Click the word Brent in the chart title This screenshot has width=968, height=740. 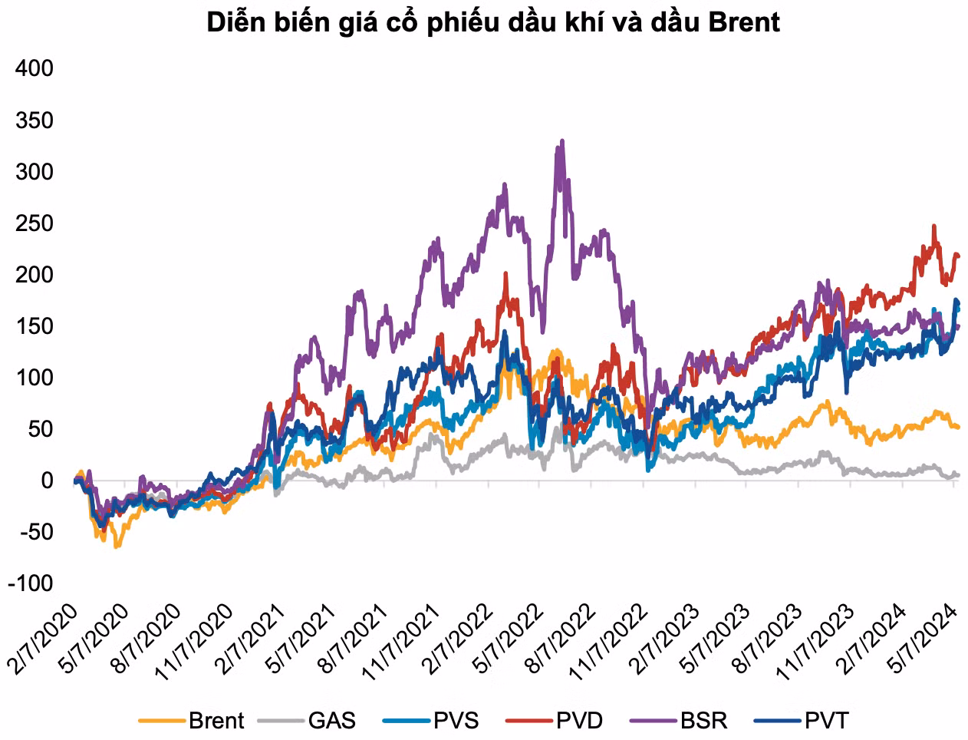point(744,22)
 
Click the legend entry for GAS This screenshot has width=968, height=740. point(331,720)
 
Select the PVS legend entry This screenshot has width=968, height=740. point(455,720)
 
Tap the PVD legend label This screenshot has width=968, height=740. point(579,720)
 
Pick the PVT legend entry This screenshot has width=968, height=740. point(826,720)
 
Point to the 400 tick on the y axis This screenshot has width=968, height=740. point(35,68)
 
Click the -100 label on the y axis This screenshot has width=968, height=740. point(31,583)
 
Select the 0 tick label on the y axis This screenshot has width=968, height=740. point(47,481)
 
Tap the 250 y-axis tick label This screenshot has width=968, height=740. point(35,223)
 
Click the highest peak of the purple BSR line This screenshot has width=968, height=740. point(562,141)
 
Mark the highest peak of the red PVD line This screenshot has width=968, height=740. point(933,226)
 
